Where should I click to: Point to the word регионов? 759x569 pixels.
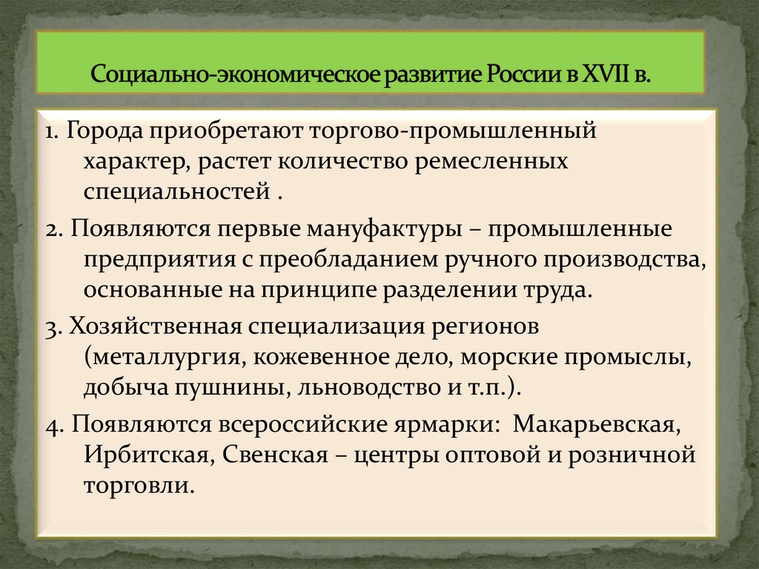[x=486, y=326]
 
